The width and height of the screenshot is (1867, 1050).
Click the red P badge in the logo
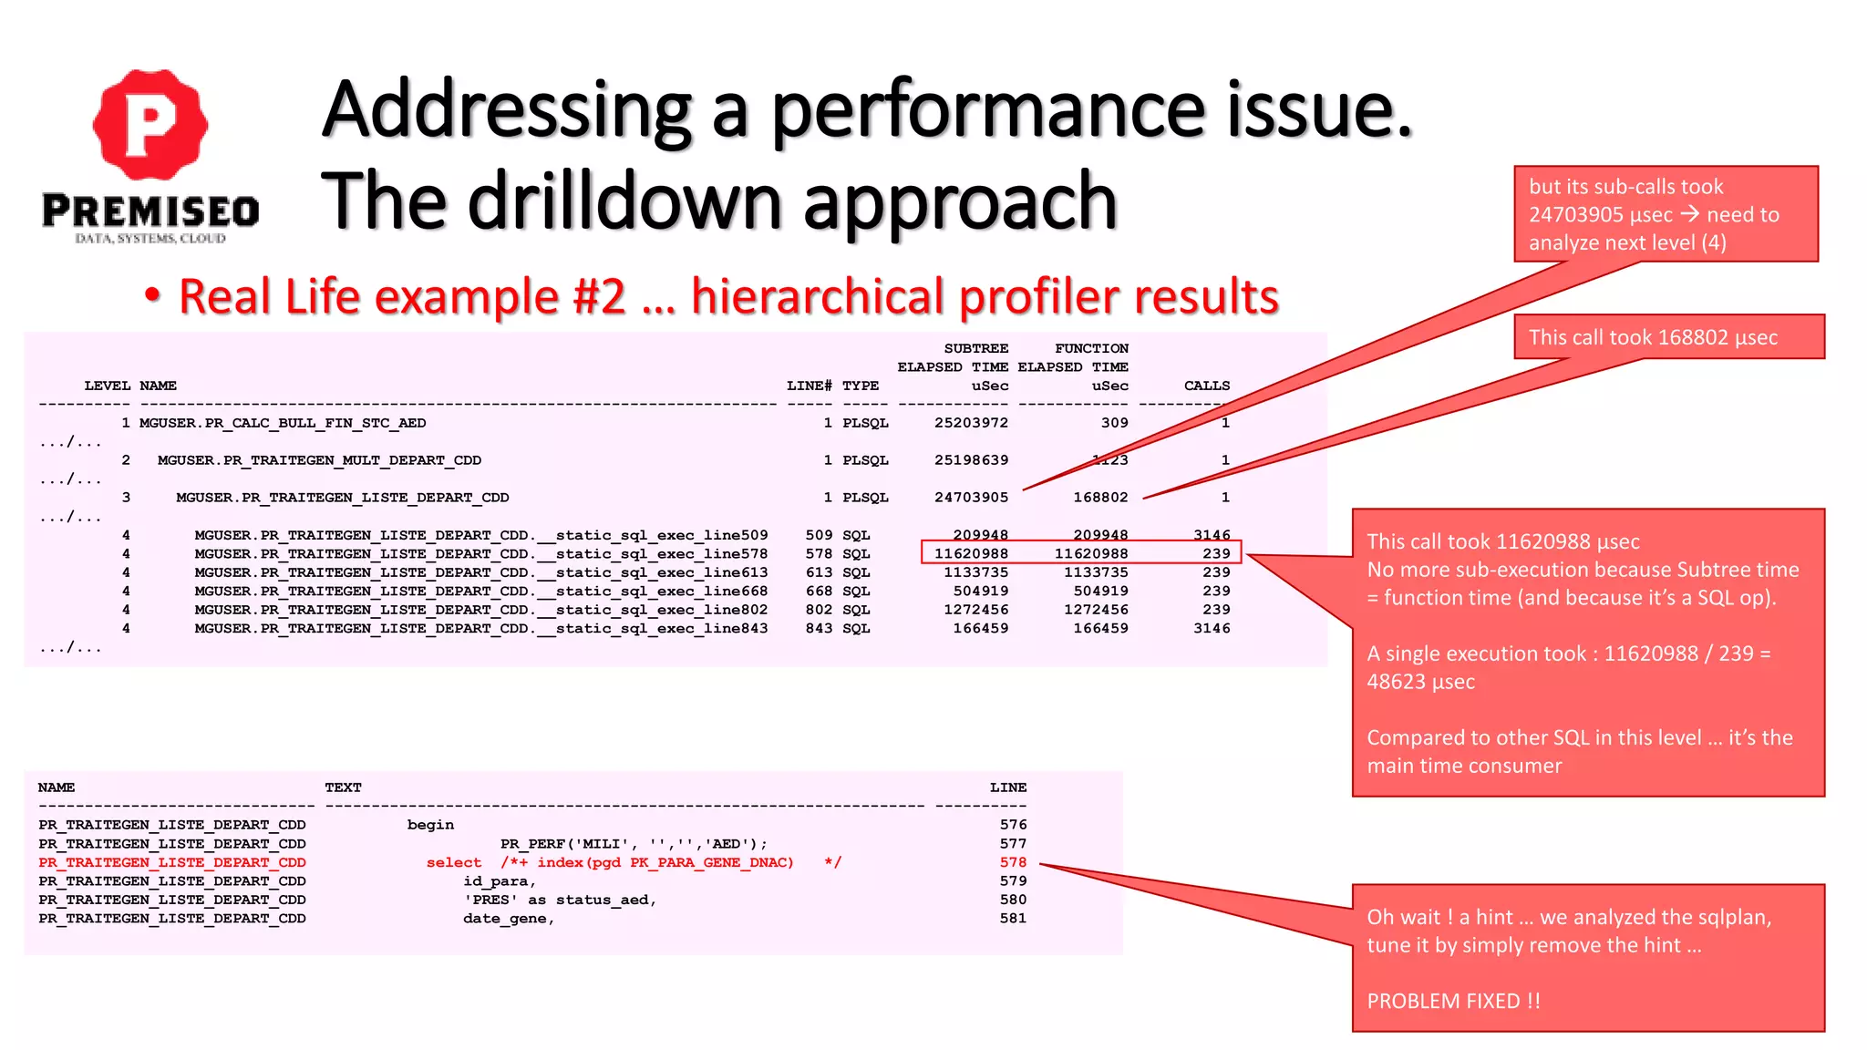tap(150, 124)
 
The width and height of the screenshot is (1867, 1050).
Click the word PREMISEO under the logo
tap(150, 211)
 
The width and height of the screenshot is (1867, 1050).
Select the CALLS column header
tap(1206, 386)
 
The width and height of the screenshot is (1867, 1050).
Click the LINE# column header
tap(809, 386)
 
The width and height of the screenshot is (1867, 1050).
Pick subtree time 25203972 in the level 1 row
tap(971, 423)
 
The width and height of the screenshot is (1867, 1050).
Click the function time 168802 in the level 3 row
tap(1100, 498)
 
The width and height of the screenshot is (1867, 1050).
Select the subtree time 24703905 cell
tap(971, 498)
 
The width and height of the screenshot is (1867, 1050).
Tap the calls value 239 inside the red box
tap(1216, 553)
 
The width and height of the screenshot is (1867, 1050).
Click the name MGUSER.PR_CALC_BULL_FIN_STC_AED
tap(283, 423)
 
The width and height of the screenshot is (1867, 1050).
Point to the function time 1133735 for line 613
tap(1096, 572)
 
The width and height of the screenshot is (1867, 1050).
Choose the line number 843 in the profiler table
tap(819, 628)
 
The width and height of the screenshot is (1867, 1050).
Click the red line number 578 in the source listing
tap(1013, 862)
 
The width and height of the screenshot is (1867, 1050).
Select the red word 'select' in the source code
tap(454, 862)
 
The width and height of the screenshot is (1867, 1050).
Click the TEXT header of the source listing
tap(343, 787)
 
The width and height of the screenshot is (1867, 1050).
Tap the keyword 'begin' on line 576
tap(430, 825)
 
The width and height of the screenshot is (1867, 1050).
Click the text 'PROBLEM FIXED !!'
tap(1453, 1001)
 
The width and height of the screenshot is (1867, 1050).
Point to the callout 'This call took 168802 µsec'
tap(1653, 337)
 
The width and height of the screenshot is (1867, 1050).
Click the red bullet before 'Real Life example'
tap(152, 296)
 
